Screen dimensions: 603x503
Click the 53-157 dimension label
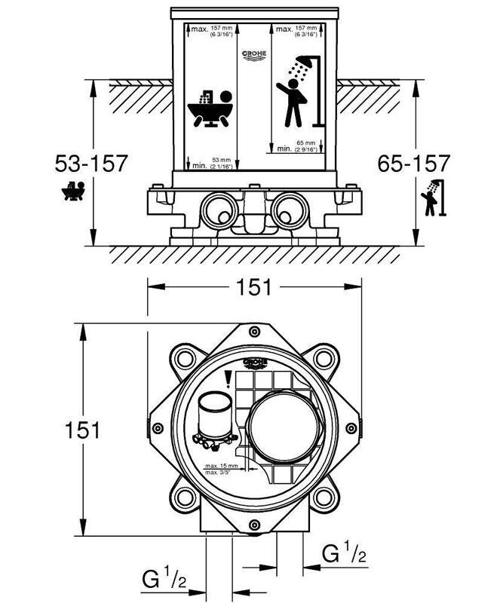91,163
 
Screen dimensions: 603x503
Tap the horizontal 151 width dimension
254,287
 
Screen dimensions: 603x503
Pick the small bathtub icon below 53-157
73,191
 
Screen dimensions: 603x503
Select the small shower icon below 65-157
431,198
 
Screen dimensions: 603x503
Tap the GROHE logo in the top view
254,364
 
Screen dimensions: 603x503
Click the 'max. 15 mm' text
222,466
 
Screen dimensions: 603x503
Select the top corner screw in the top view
254,332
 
